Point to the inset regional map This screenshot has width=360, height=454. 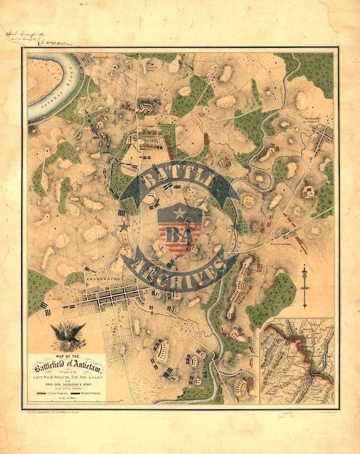point(297,361)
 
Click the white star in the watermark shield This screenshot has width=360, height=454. point(180,213)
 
